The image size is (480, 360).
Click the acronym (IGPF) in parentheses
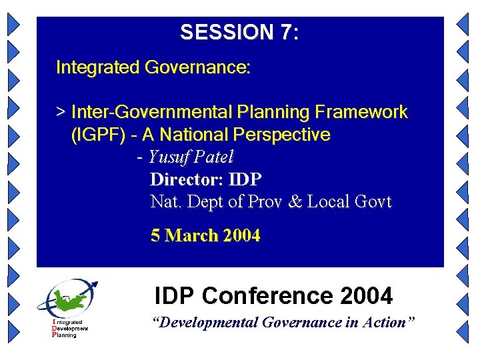tap(98, 135)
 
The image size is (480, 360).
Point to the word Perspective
tap(281, 135)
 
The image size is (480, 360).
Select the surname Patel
tap(213, 158)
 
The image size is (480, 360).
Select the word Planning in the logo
tap(65, 335)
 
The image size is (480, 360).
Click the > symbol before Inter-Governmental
tap(61, 112)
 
